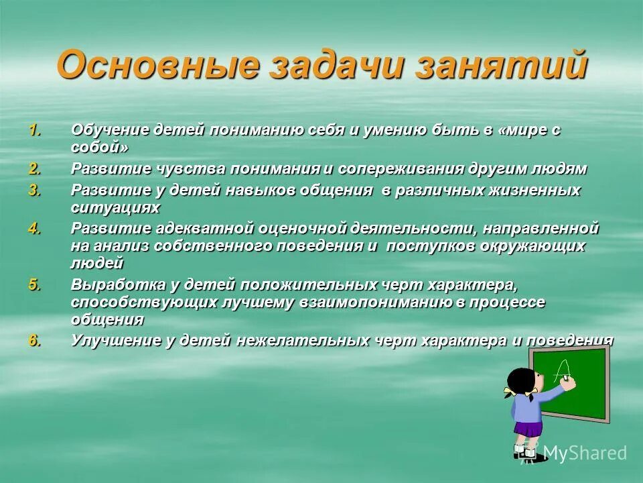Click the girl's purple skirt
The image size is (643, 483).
528,428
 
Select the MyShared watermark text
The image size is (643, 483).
584,453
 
